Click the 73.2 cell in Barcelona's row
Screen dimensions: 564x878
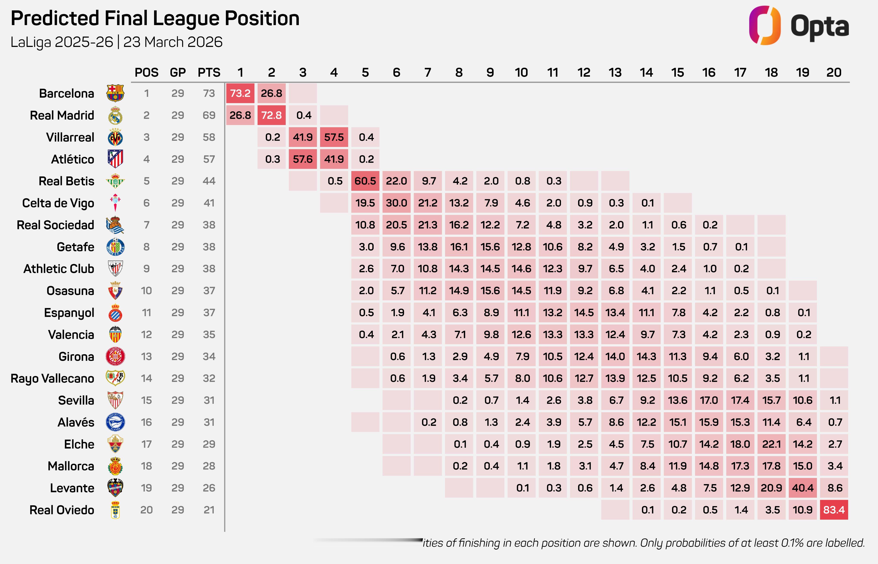240,93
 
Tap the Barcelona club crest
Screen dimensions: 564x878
115,93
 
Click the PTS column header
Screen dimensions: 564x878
209,73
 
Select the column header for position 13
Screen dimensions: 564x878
615,73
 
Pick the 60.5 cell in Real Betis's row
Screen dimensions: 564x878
365,181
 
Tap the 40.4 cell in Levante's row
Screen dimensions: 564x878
803,488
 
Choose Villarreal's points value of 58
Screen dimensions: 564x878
209,137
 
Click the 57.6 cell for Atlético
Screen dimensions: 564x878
303,159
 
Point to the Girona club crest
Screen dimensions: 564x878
115,356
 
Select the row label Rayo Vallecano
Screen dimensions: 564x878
52,378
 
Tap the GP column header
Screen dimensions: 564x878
178,73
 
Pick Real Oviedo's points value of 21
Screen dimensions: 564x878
209,510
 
